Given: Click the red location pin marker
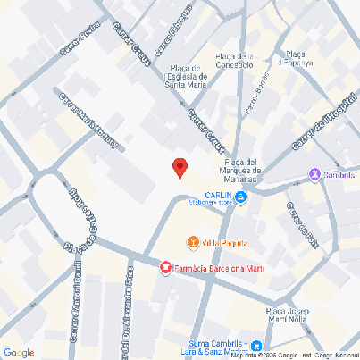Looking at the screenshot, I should click(x=180, y=167).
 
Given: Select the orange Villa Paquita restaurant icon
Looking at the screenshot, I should click(x=193, y=242).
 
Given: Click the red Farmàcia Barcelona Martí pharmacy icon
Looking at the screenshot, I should click(x=164, y=267).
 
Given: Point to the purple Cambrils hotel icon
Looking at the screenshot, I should click(x=314, y=174).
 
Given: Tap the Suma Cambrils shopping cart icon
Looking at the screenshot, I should click(x=256, y=346).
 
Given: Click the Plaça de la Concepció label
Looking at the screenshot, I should click(x=235, y=61).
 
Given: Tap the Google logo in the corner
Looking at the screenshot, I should click(x=19, y=352).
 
